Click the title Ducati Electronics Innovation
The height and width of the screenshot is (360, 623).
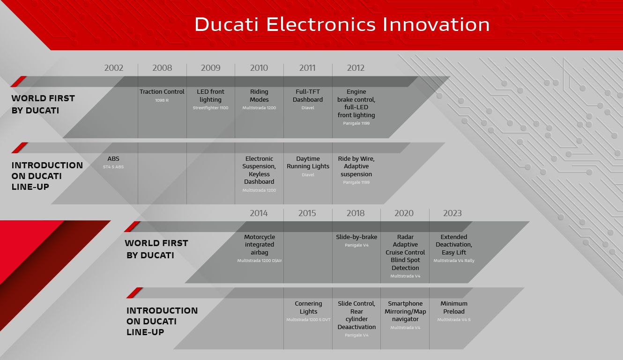coord(342,24)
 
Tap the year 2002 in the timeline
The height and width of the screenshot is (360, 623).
coord(113,68)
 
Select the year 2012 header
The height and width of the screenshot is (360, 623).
coord(356,68)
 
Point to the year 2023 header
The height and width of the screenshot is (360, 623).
coord(452,213)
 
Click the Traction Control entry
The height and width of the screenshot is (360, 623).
coord(162,91)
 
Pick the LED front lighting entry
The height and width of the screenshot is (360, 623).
coord(210,96)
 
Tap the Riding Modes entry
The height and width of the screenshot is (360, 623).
coord(259,96)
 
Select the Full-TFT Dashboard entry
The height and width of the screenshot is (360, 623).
coord(308,96)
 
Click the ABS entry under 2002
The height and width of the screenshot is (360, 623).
coord(113,159)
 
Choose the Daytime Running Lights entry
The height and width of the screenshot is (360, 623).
coord(308,162)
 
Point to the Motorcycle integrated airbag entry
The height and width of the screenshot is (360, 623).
coord(259,245)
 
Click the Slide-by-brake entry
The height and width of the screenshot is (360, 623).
coord(356,237)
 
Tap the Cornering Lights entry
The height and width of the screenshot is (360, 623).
coord(308,307)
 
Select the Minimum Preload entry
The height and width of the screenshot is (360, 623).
coord(453,307)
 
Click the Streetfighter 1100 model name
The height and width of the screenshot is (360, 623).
coord(210,108)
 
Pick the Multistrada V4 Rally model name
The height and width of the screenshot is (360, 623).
coord(453,261)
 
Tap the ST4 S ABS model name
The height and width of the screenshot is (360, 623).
coord(113,167)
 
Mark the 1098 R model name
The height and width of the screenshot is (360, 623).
coord(162,100)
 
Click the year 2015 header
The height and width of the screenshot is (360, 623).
coord(307,213)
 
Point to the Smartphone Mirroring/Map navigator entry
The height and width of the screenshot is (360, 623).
coord(405,311)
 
